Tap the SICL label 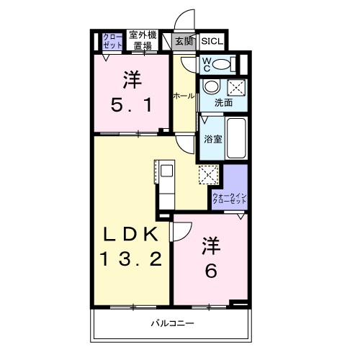point(212,40)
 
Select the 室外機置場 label point(141,40)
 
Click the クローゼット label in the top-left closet point(112,40)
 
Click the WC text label point(205,64)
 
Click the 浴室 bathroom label point(213,138)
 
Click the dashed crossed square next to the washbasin point(235,88)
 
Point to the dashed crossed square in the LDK point(208,175)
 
